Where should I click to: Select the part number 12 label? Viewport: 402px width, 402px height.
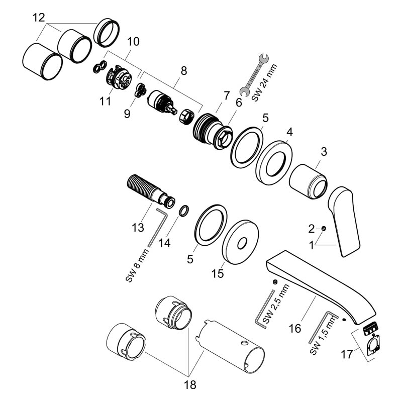(x=38, y=18)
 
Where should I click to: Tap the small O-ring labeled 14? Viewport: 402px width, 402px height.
(x=184, y=210)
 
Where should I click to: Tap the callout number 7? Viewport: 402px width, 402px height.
(x=226, y=94)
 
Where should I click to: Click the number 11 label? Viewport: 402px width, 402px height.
(x=105, y=101)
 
